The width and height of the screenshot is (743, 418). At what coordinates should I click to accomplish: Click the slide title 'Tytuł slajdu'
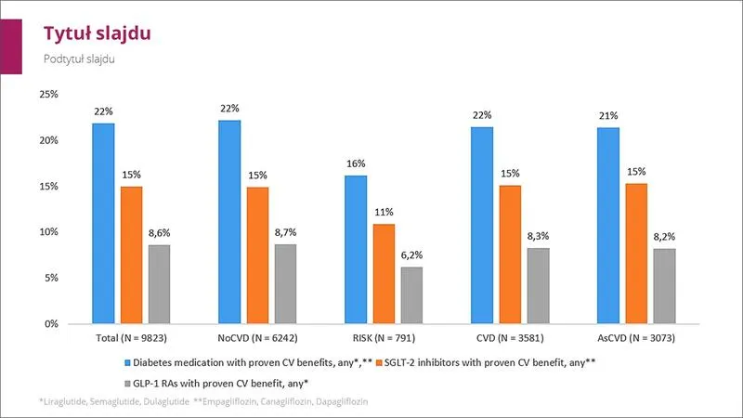tap(98, 33)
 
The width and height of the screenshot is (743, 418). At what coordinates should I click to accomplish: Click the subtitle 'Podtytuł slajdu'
tap(79, 59)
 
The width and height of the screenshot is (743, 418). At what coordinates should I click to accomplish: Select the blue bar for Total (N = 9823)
tap(102, 223)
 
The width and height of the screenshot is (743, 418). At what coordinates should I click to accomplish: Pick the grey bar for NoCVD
tap(284, 283)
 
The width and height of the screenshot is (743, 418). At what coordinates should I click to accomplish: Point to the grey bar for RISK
tap(411, 295)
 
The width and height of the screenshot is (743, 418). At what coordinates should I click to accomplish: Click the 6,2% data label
tap(411, 254)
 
